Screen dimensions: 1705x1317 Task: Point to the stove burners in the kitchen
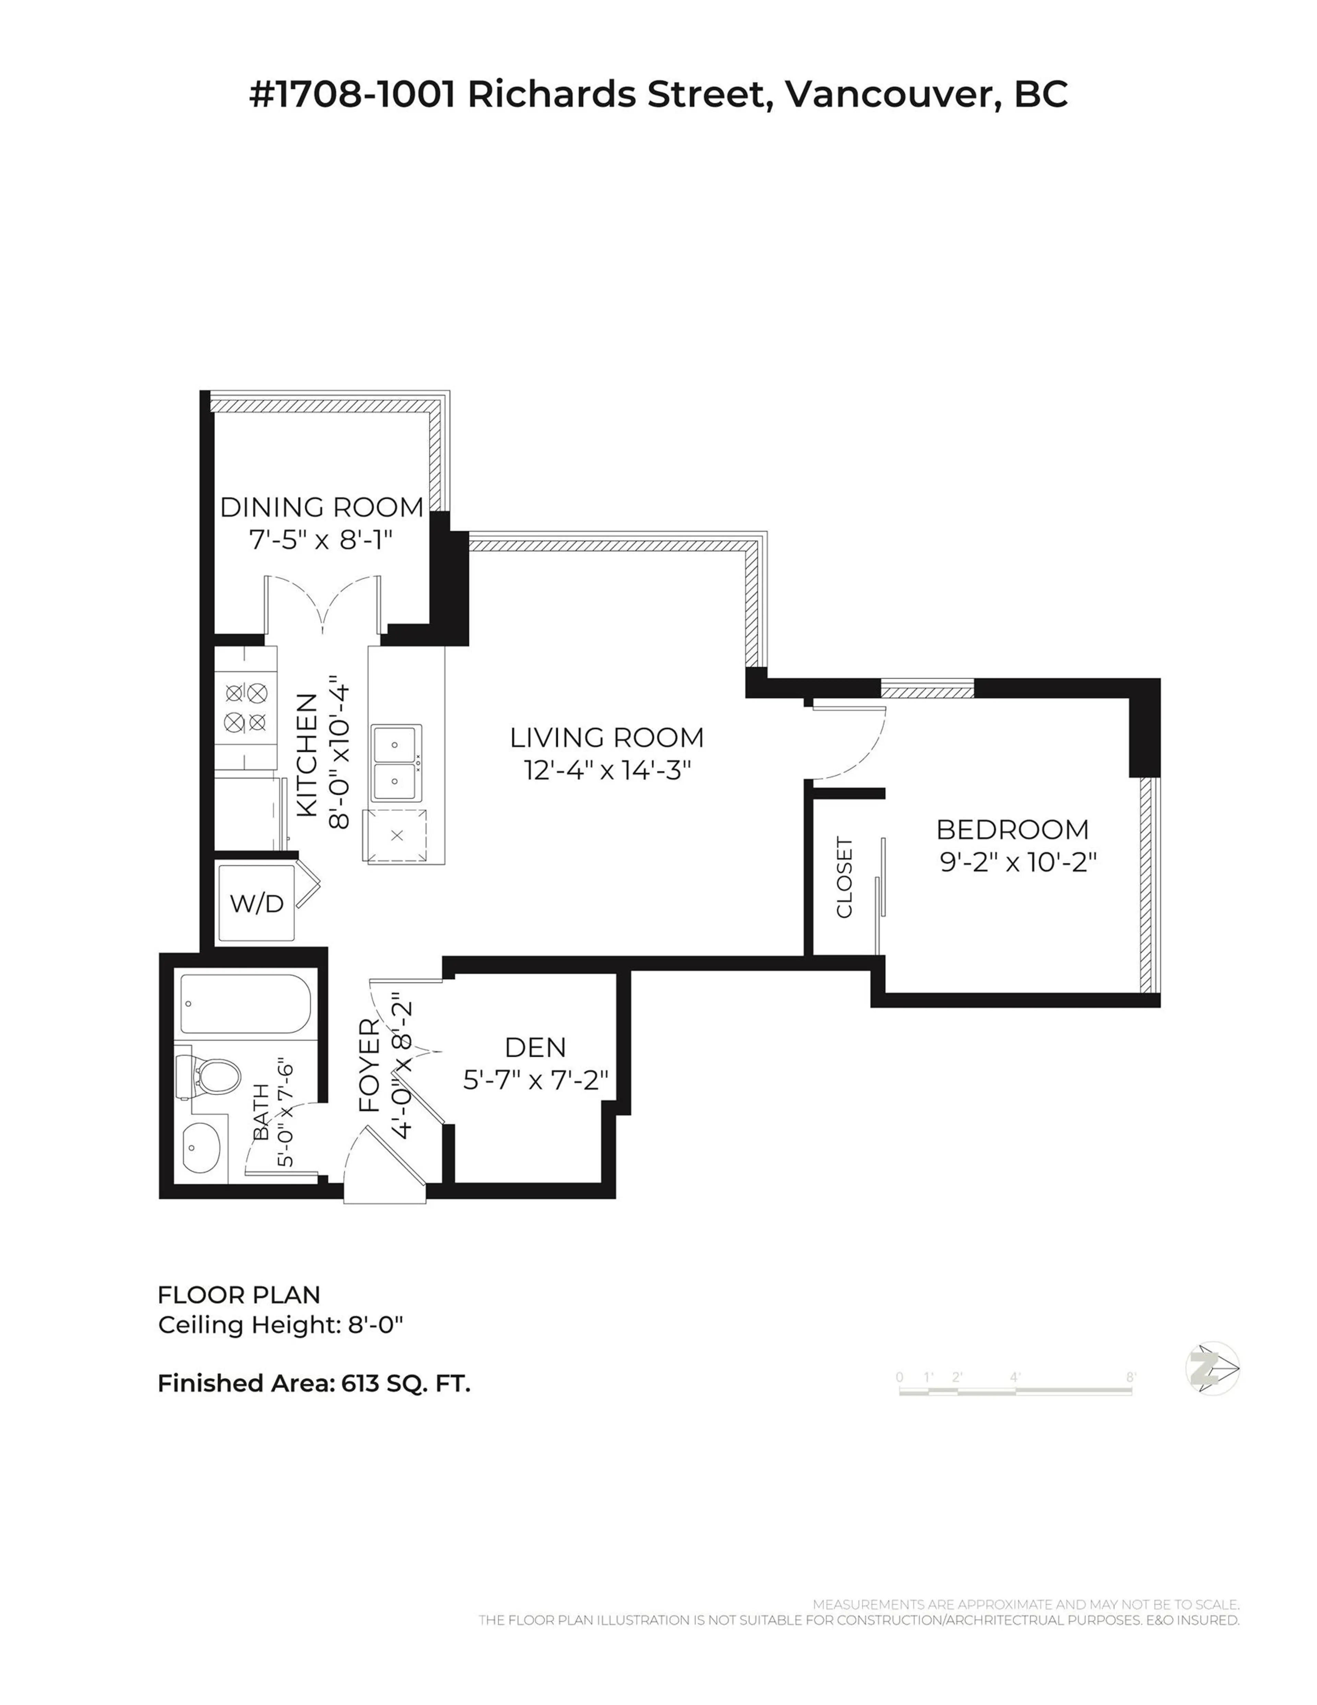246,707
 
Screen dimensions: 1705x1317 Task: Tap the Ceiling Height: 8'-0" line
280,1325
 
